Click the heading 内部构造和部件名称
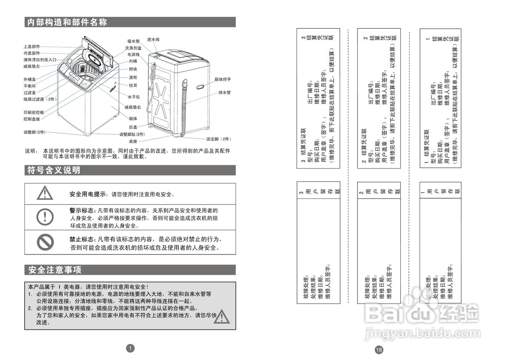(x=67, y=22)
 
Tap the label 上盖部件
(x=32, y=47)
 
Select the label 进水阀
(x=153, y=40)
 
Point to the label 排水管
(x=224, y=92)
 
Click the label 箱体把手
(x=222, y=80)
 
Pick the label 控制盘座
(x=32, y=119)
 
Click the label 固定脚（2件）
(x=219, y=139)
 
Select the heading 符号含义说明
(x=54, y=171)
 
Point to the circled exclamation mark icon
(x=45, y=217)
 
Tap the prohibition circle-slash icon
(x=45, y=242)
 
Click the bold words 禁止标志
(x=81, y=240)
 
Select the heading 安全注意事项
(x=54, y=270)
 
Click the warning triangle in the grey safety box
(x=221, y=316)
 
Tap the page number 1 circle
(x=130, y=348)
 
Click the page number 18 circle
(x=379, y=350)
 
